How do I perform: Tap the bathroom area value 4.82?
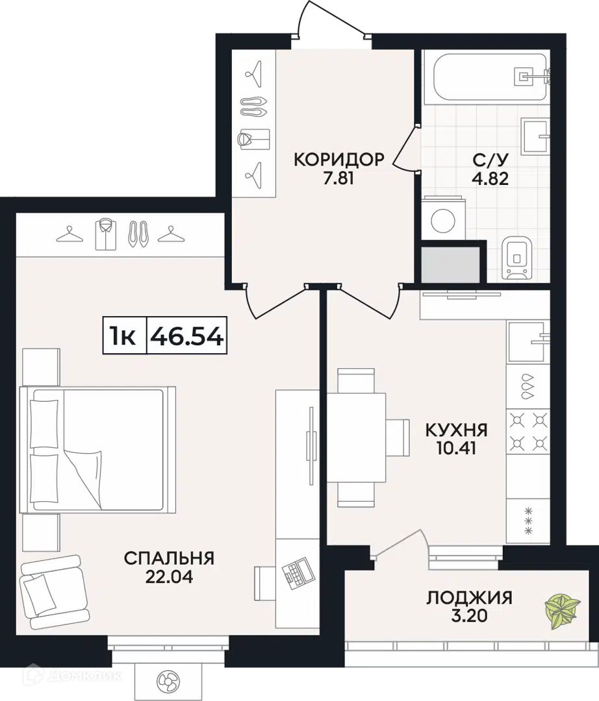491,178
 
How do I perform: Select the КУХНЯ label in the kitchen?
456,429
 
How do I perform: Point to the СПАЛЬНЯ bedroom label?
169,558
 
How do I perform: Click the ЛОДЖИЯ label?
469,597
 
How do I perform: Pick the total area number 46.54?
187,336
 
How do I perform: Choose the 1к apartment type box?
123,336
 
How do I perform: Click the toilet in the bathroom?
517,258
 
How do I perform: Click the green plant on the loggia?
562,610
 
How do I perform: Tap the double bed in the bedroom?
97,449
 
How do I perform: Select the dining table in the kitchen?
356,438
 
